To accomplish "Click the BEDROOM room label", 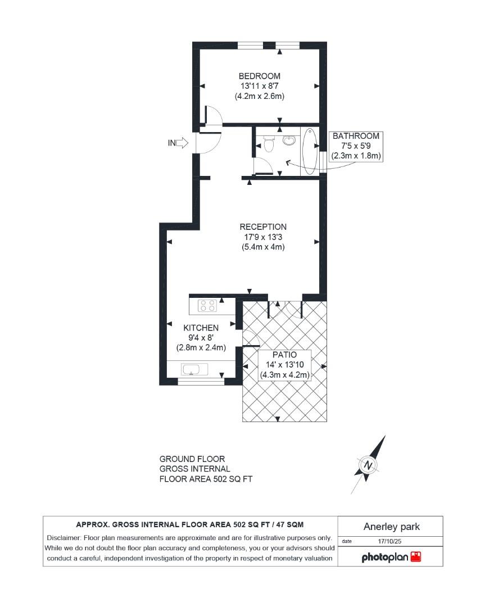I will click(259, 76).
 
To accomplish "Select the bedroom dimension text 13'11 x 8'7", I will click(259, 86).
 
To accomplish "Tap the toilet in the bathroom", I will click(269, 145).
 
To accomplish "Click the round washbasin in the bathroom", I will click(289, 140).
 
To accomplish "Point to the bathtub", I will click(309, 152).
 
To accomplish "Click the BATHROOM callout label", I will click(356, 136).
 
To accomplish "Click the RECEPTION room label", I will click(263, 227).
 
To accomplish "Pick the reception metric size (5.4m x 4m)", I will click(263, 246).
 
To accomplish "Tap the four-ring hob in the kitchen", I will click(208, 306).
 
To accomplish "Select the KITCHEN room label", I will click(201, 328).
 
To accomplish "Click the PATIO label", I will click(284, 355).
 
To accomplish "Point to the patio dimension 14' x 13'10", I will click(284, 365).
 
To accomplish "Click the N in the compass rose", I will click(368, 465).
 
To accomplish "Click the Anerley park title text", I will click(391, 527).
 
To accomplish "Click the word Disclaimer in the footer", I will click(62, 538).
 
